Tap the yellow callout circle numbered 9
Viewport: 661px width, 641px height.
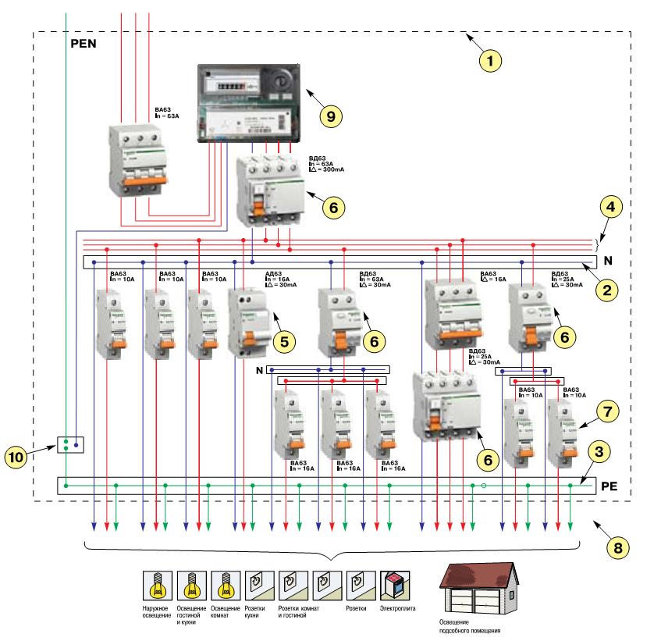[331, 116]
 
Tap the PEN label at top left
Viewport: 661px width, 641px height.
[83, 45]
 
